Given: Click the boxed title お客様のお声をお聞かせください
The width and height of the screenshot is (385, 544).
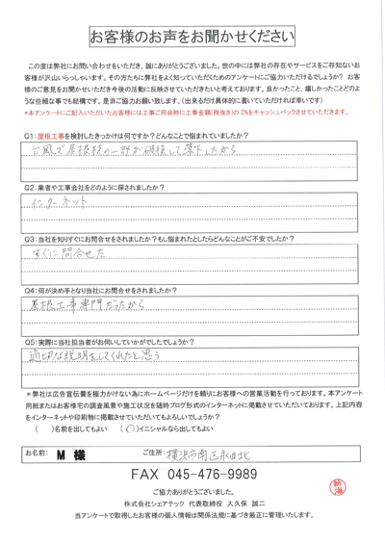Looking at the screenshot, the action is pos(192,38).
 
